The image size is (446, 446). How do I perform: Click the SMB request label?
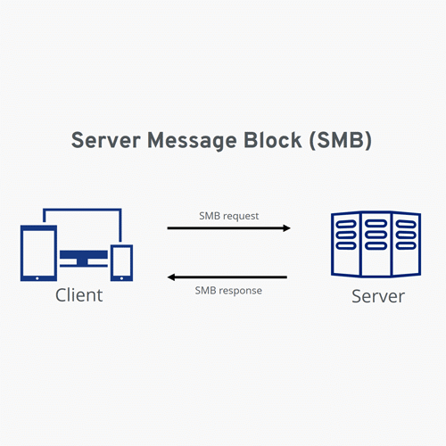228,216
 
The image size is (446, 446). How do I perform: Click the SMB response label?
227,291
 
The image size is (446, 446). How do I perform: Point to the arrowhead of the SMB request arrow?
286,228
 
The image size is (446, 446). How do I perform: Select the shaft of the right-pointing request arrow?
223,228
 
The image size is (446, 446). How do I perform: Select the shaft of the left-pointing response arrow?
232,277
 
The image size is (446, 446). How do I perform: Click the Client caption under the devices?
78,295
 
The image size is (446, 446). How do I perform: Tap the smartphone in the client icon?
121,260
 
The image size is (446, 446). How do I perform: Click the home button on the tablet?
37,277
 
